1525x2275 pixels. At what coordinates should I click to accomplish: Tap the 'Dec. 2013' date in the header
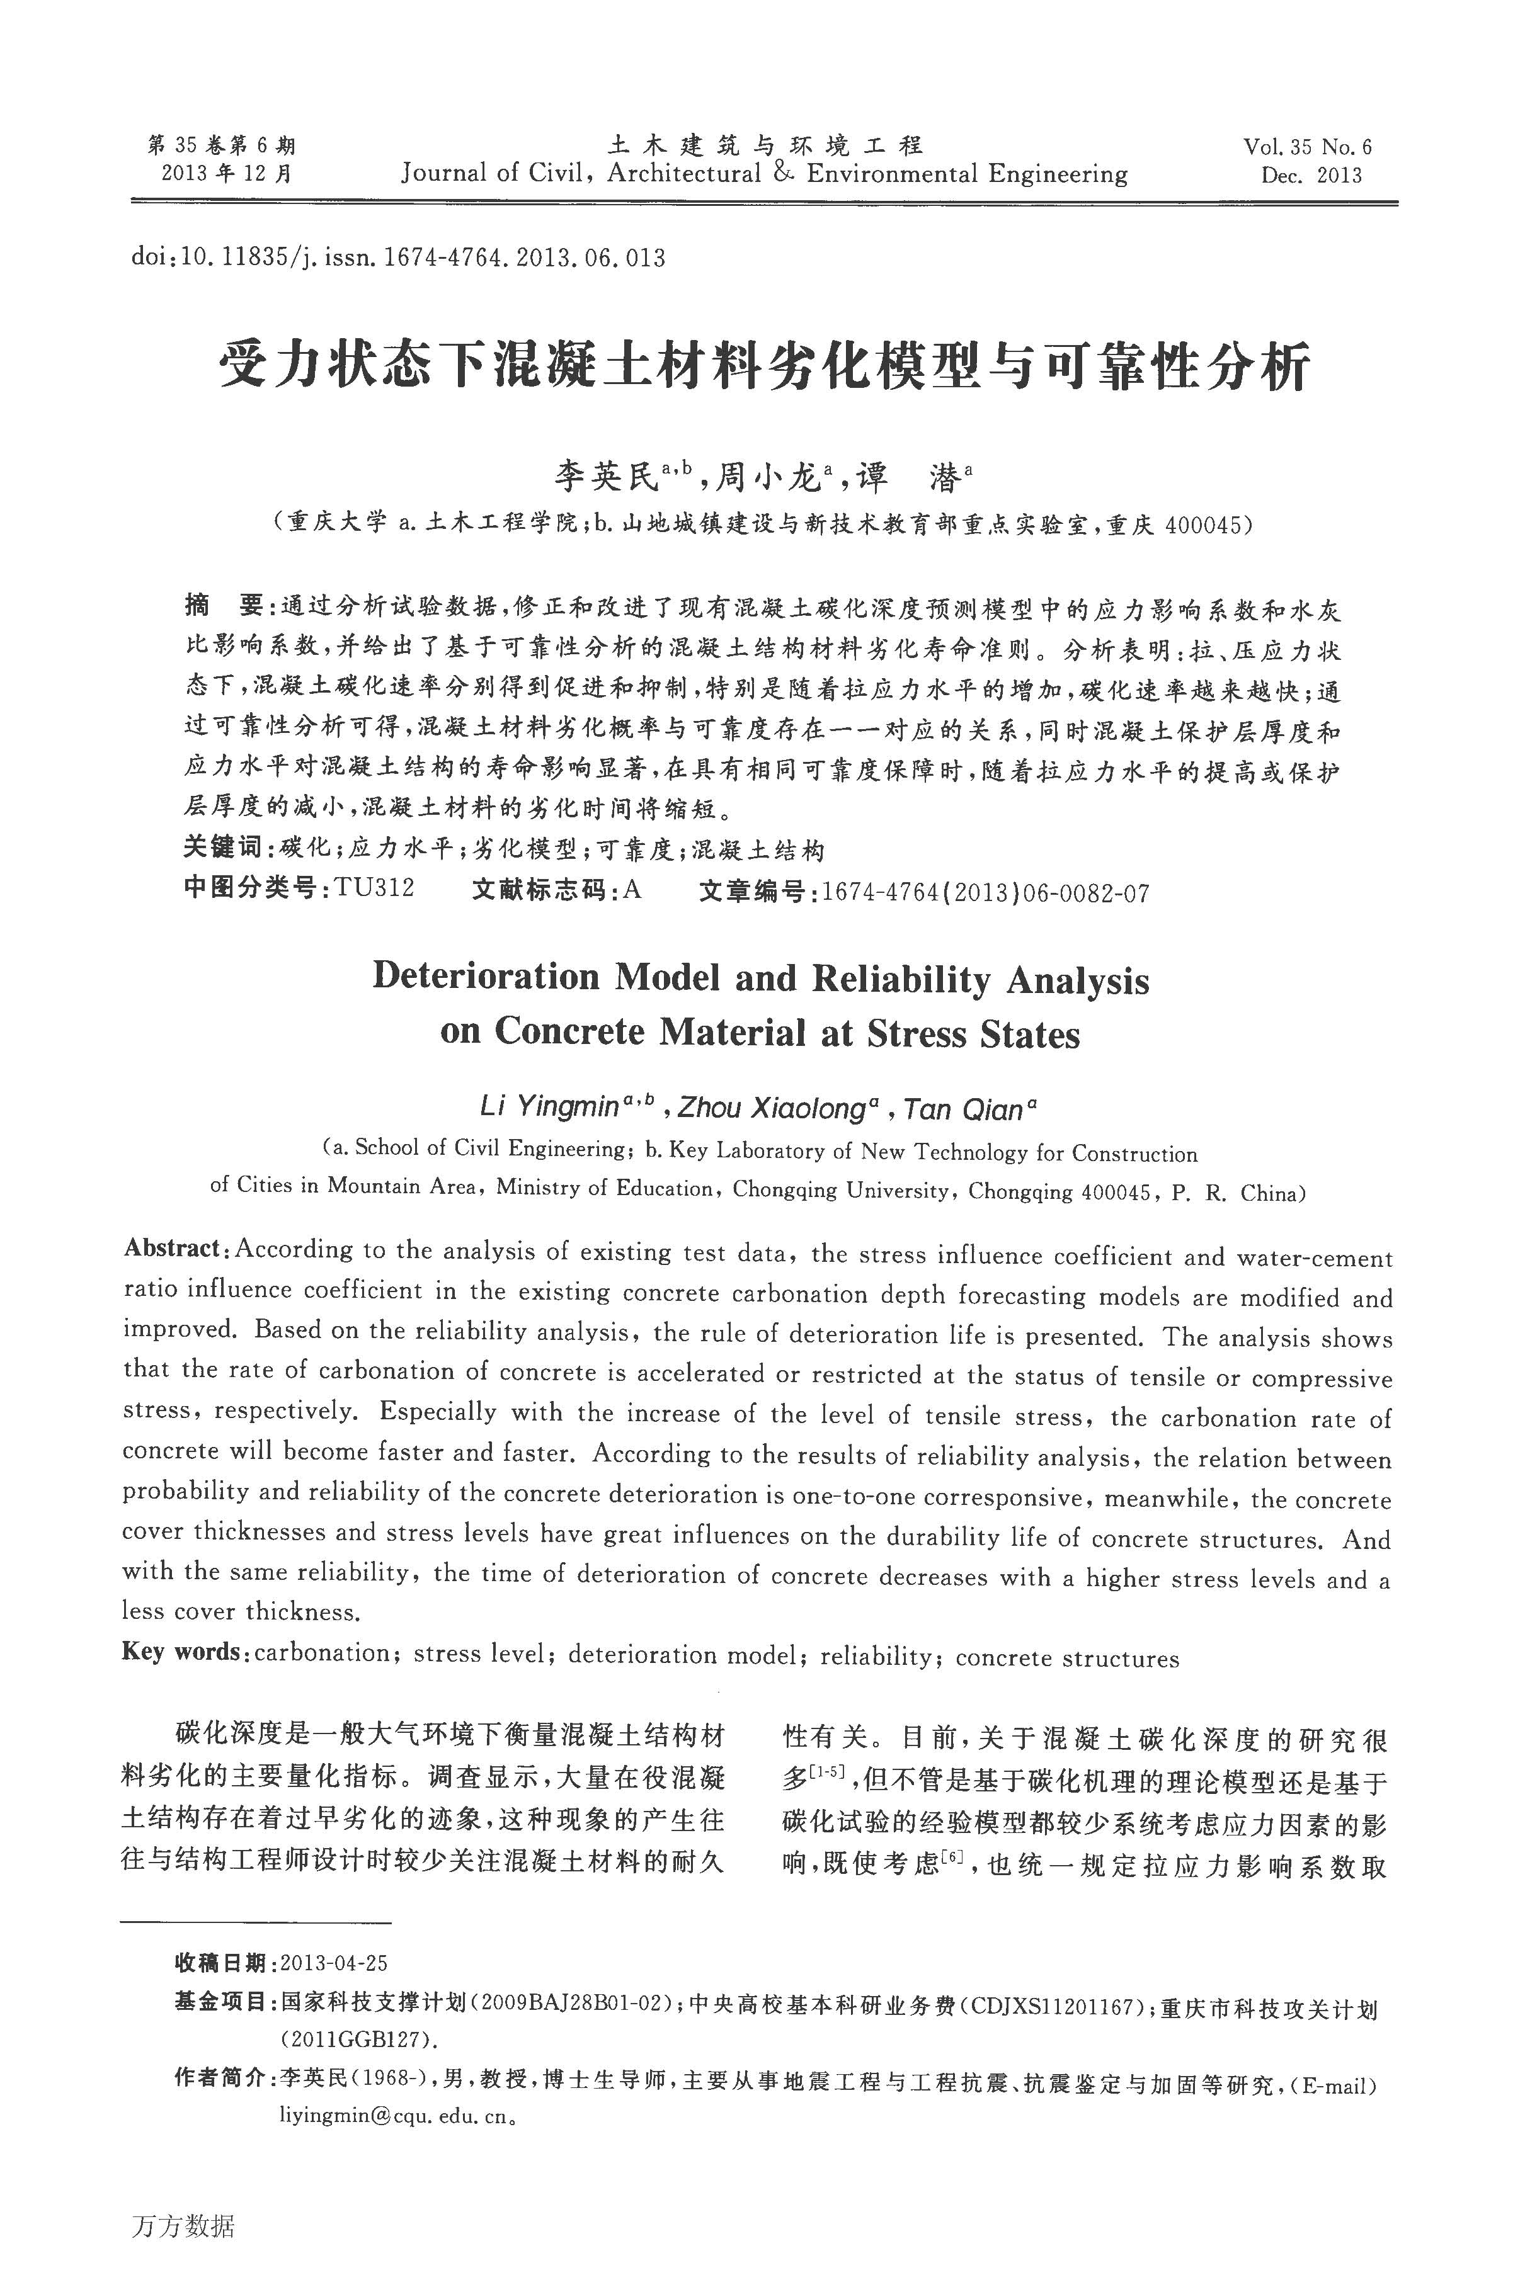pyautogui.click(x=1311, y=176)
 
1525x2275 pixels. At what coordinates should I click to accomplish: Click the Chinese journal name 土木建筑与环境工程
pyautogui.click(x=765, y=146)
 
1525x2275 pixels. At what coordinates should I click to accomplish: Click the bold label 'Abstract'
pyautogui.click(x=172, y=1249)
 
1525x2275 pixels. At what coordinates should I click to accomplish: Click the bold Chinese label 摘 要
pyautogui.click(x=223, y=608)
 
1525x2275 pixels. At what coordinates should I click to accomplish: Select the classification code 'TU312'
pyautogui.click(x=374, y=888)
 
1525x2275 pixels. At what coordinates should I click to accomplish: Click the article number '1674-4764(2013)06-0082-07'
pyautogui.click(x=985, y=892)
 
